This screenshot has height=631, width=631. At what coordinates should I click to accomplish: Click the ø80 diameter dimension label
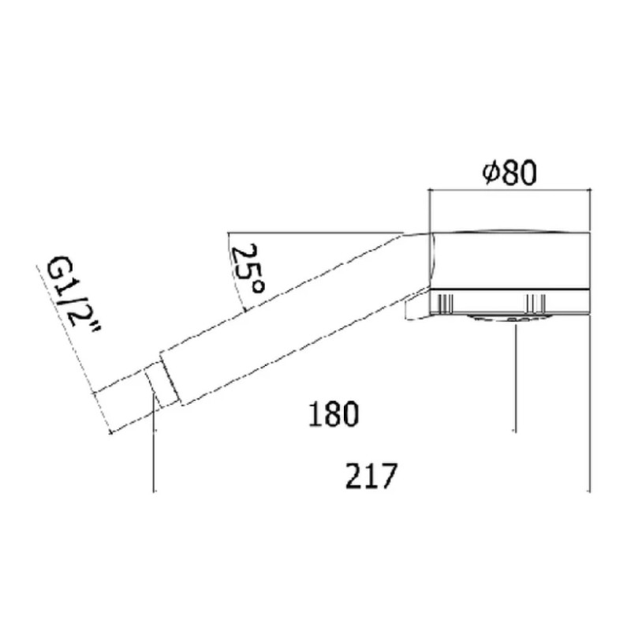[510, 173]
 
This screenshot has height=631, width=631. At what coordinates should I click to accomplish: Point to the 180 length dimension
[333, 413]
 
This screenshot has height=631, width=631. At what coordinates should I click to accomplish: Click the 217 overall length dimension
[372, 476]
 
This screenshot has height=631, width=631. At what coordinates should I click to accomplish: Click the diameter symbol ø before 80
[491, 173]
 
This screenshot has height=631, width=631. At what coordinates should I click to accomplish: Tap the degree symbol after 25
[258, 286]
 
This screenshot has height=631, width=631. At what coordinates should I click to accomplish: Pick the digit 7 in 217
[389, 476]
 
